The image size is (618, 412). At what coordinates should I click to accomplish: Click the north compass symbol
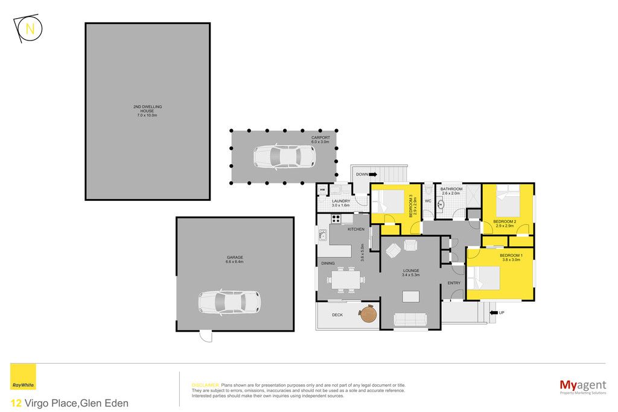click(28, 28)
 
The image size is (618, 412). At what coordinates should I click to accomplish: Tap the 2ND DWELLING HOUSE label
click(147, 111)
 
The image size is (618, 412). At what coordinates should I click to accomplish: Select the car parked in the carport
click(284, 156)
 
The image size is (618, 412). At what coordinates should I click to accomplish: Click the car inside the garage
click(229, 302)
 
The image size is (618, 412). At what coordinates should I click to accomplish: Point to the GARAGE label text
click(235, 259)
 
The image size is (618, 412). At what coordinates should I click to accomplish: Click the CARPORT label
click(320, 139)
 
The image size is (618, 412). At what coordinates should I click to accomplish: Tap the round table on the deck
click(368, 314)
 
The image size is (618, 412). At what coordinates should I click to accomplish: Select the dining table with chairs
click(346, 279)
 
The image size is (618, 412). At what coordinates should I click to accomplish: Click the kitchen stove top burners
click(336, 219)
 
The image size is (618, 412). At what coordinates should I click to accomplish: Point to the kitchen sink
click(323, 235)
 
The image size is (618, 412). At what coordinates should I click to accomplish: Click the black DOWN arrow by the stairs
click(373, 174)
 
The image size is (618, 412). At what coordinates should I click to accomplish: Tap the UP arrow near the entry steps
click(493, 312)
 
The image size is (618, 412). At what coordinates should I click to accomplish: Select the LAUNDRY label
click(341, 203)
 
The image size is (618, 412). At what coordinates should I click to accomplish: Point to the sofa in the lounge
click(410, 320)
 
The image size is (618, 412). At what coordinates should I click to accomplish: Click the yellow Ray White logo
click(24, 377)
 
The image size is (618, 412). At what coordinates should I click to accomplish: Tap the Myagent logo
click(583, 387)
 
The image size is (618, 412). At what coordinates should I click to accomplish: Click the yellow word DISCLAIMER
click(205, 385)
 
